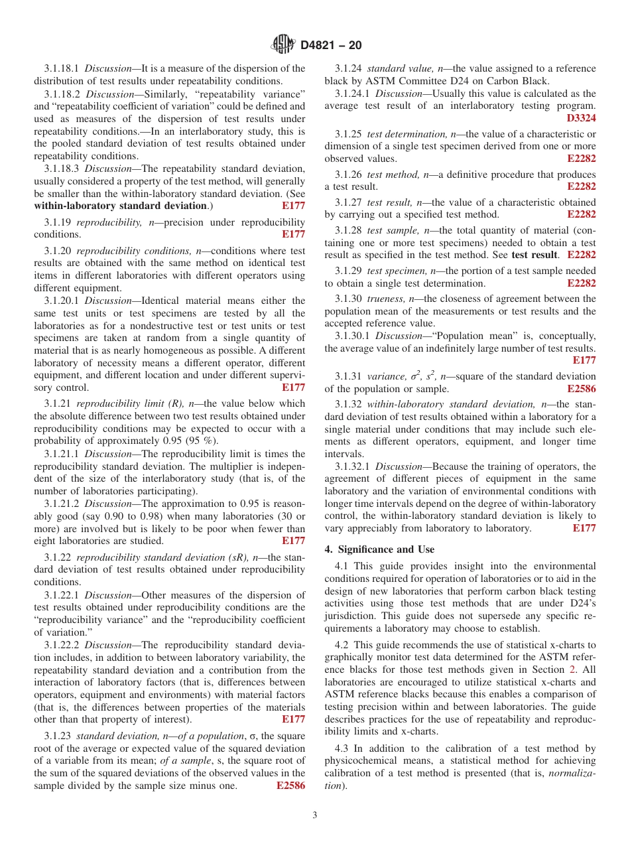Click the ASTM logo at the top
coord(283,45)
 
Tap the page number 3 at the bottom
coord(315,815)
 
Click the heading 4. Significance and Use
coord(379,549)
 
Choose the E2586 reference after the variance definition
coord(581,389)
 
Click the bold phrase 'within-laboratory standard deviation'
coord(120,206)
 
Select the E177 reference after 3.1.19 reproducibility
coord(293,234)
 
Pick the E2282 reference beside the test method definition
coord(581,187)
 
